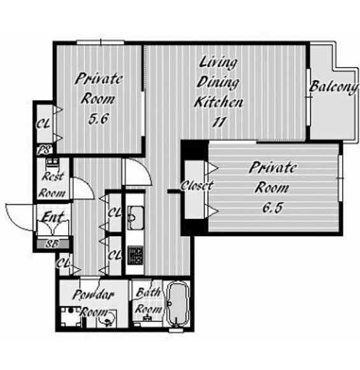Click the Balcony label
(x=333, y=87)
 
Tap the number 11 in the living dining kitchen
(x=219, y=122)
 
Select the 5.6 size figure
(x=99, y=119)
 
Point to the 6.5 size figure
(x=272, y=208)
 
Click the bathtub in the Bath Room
(x=178, y=304)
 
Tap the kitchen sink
(x=136, y=218)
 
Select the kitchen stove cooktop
(x=135, y=255)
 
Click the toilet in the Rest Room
(x=53, y=163)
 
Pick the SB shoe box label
(x=52, y=244)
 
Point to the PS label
(x=45, y=150)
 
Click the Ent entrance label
(x=52, y=217)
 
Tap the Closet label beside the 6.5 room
(x=197, y=186)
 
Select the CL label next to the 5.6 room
(x=43, y=123)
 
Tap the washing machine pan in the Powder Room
(x=71, y=317)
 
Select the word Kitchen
(x=219, y=102)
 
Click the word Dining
(x=218, y=82)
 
